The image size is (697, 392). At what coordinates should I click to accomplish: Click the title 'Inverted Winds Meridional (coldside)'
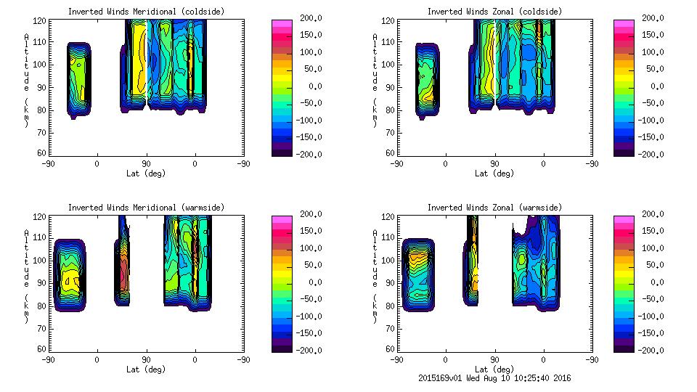[x=122, y=12]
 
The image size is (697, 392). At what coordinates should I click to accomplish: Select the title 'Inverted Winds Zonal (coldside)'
[x=494, y=12]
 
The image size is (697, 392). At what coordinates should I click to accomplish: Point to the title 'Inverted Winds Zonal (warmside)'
[x=494, y=208]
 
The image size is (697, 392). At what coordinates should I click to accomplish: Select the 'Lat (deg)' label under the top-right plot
[x=494, y=173]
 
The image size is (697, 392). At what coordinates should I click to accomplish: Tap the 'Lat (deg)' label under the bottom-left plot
[x=146, y=369]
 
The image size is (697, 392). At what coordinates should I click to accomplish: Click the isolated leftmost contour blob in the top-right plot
[x=428, y=80]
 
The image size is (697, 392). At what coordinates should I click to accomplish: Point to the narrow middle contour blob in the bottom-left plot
[x=123, y=261]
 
